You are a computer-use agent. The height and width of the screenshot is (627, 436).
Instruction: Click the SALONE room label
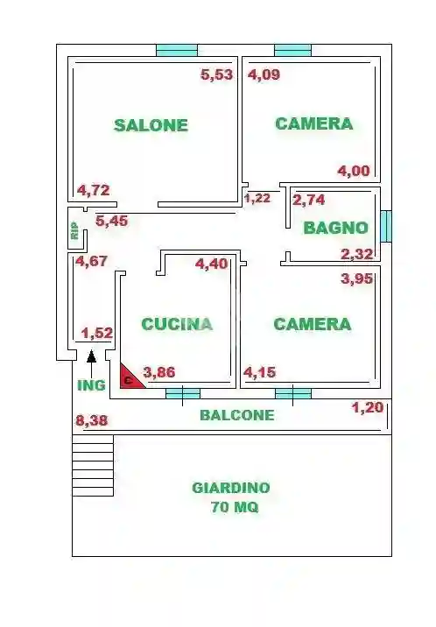(x=151, y=125)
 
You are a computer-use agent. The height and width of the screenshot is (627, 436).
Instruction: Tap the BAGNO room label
(x=335, y=228)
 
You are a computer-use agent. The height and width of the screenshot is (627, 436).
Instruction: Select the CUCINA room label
(x=177, y=324)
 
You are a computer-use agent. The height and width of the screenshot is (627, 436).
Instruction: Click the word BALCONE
(x=236, y=415)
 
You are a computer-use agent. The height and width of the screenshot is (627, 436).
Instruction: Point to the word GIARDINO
(x=231, y=488)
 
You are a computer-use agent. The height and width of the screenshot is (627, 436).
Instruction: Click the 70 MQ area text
(x=234, y=507)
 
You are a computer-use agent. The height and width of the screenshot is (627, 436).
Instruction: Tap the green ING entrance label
(x=91, y=384)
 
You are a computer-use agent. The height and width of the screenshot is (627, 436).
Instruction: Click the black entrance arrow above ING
(x=91, y=356)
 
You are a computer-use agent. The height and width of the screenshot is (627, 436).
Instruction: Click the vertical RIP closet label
(x=74, y=230)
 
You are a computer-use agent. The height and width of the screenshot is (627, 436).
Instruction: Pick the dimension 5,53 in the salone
(x=217, y=74)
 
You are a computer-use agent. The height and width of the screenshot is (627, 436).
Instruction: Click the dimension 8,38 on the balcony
(x=93, y=421)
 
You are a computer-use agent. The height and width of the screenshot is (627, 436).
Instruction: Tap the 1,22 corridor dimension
(x=257, y=198)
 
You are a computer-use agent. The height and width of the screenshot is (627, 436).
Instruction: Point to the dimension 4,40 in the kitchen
(x=211, y=264)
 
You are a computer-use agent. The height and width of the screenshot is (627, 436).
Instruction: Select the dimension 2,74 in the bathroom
(x=309, y=200)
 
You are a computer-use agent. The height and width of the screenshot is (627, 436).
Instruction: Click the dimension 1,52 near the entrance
(x=97, y=333)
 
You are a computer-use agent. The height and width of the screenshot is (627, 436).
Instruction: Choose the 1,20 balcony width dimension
(x=368, y=407)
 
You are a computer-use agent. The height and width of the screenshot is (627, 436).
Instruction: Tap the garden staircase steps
(x=93, y=466)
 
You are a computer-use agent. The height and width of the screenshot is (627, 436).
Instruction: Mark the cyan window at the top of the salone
(x=176, y=50)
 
